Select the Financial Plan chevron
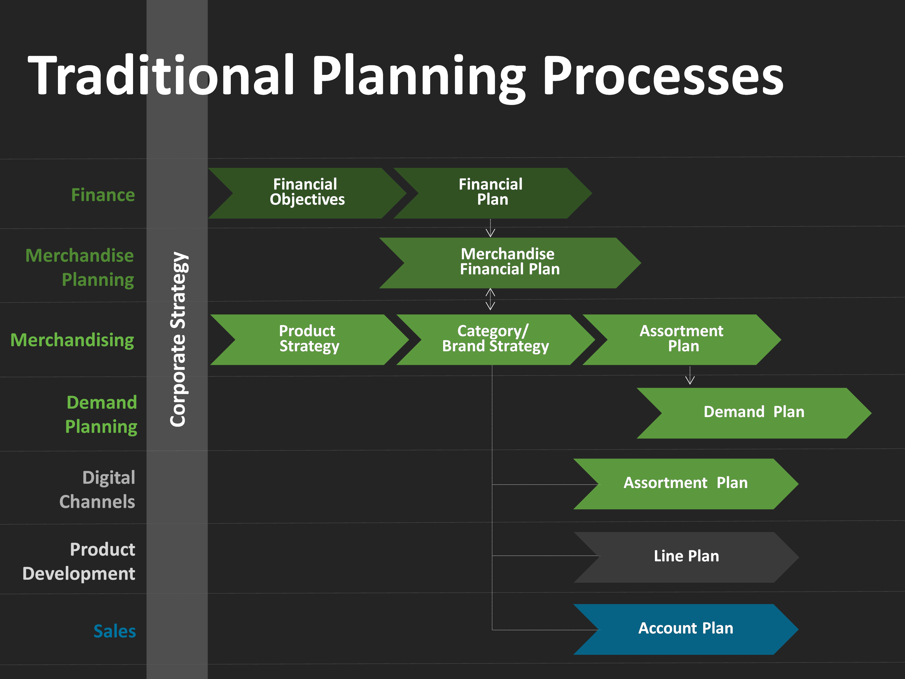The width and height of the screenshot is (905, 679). pyautogui.click(x=493, y=193)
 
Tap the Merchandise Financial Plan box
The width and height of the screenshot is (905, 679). pyautogui.click(x=510, y=263)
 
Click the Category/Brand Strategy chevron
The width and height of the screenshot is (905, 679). pyautogui.click(x=495, y=339)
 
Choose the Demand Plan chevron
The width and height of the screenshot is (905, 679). pyautogui.click(x=754, y=413)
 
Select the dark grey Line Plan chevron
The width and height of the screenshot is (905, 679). pyautogui.click(x=686, y=557)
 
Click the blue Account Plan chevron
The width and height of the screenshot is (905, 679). pyautogui.click(x=686, y=629)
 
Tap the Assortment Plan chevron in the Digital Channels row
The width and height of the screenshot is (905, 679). pyautogui.click(x=686, y=484)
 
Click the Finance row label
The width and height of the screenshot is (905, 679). pyautogui.click(x=103, y=195)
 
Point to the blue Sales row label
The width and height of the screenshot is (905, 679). pyautogui.click(x=115, y=631)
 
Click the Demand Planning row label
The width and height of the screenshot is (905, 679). pyautogui.click(x=101, y=415)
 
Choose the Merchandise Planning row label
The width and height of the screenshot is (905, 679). pyautogui.click(x=80, y=268)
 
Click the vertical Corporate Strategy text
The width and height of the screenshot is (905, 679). pyautogui.click(x=178, y=339)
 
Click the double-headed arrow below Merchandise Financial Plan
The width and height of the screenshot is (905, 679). pyautogui.click(x=490, y=299)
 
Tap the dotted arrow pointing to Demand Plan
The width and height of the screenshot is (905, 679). pyautogui.click(x=690, y=375)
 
